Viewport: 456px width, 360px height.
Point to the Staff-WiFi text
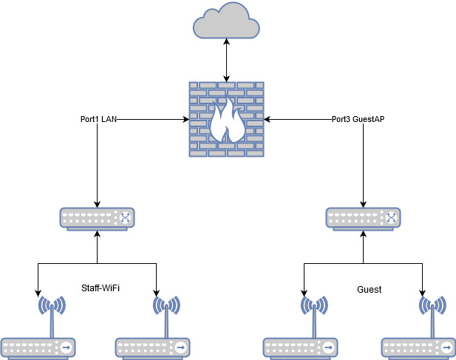coord(100,288)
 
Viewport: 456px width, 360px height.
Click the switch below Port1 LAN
coord(97,219)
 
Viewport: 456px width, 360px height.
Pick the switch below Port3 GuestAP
coord(362,219)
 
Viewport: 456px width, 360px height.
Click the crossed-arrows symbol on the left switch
coord(125,218)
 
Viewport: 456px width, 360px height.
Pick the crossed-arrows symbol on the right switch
coord(391,218)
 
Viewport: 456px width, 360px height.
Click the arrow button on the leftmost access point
coord(67,347)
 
